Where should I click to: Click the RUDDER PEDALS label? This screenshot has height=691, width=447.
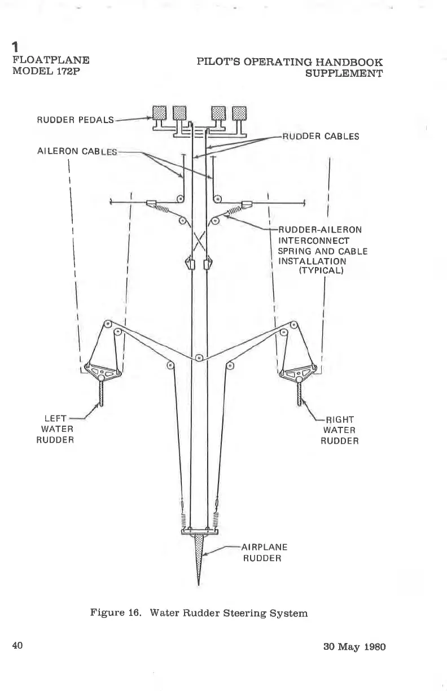[x=75, y=120]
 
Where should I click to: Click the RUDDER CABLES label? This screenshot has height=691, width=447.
[x=321, y=135]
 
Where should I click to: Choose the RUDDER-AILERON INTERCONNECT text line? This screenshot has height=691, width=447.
[x=320, y=230]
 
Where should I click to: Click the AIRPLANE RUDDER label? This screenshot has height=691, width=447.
[x=264, y=553]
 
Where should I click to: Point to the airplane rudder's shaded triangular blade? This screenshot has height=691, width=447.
[x=199, y=550]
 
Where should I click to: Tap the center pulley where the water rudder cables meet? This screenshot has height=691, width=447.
[x=199, y=357]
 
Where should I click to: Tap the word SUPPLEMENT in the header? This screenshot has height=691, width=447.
[x=344, y=73]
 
